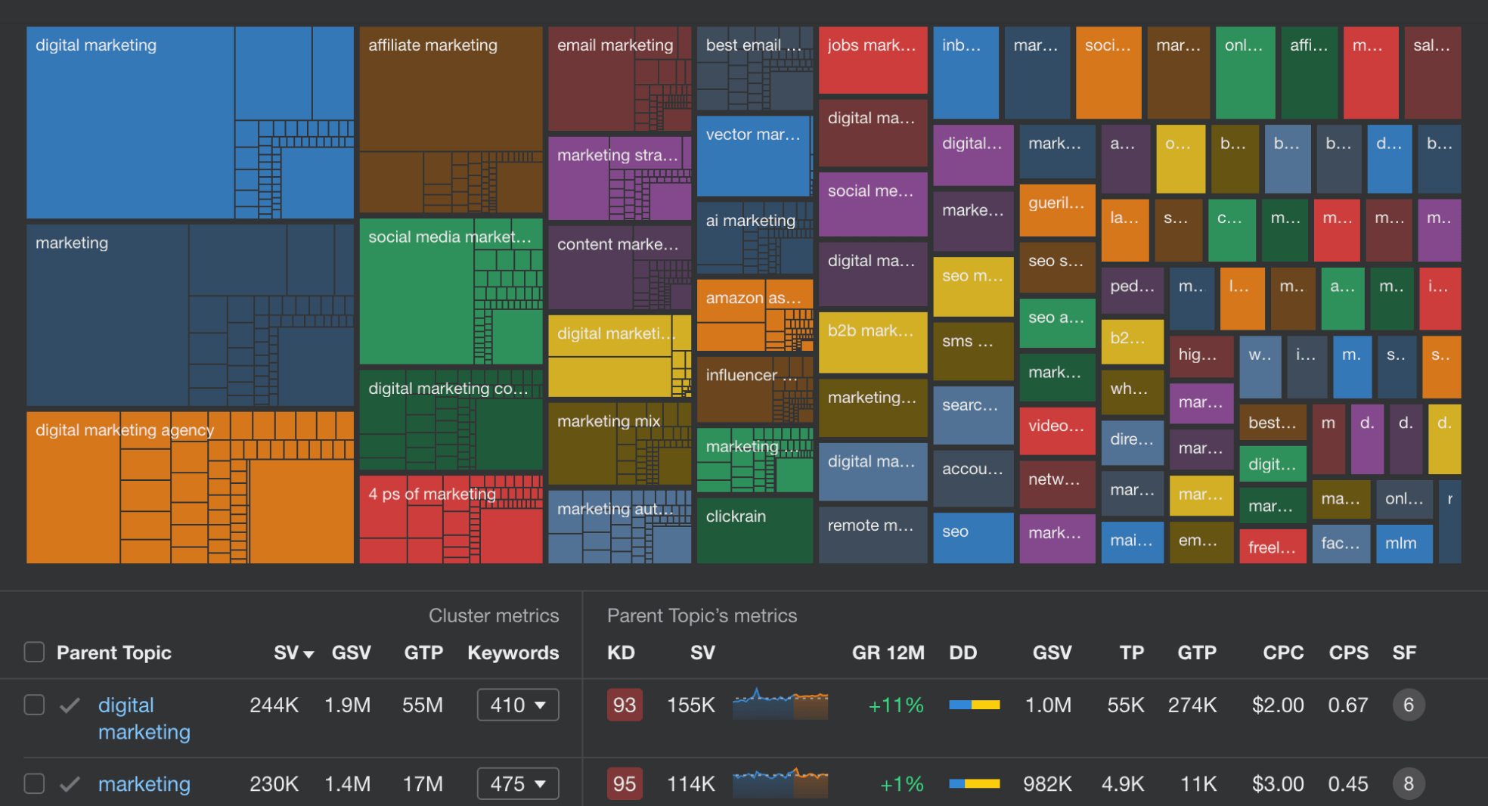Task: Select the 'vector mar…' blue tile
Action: [x=753, y=156]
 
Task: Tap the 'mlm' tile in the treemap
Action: [x=1403, y=544]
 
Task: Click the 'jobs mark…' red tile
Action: [x=872, y=60]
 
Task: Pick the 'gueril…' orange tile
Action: [x=1056, y=209]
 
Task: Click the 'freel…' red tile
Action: [x=1272, y=547]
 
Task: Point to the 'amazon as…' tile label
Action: [x=753, y=298]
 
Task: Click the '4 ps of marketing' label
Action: [x=432, y=494]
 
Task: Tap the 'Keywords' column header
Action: [x=513, y=653]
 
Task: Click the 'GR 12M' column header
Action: [x=888, y=653]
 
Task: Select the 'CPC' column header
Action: [x=1282, y=653]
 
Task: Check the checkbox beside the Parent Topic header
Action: [x=34, y=652]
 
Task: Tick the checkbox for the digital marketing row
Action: [x=34, y=705]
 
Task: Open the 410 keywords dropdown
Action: [x=518, y=705]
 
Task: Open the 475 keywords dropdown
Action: [x=518, y=784]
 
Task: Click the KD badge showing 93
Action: [x=624, y=705]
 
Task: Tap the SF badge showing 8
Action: [x=1408, y=784]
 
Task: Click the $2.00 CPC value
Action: [x=1277, y=705]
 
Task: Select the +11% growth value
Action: [x=896, y=705]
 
